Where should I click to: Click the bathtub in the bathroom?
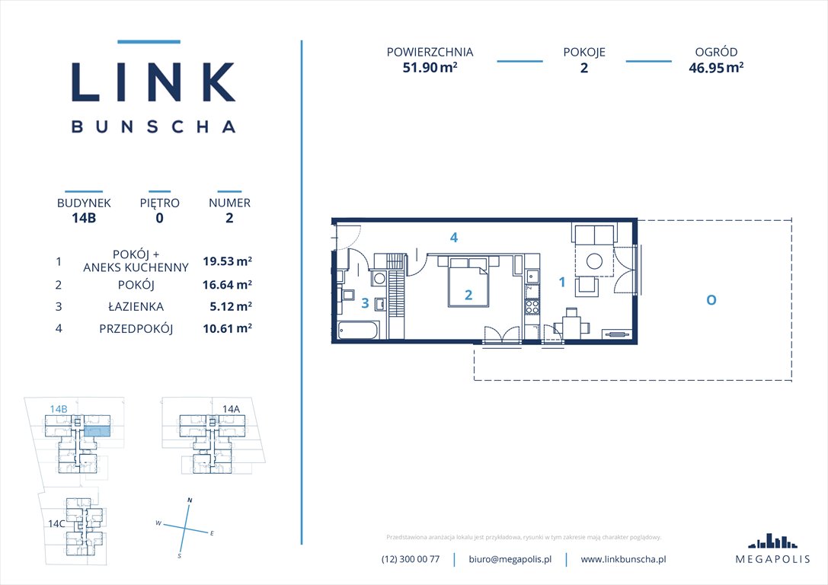tap(357, 331)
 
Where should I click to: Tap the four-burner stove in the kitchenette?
tap(532, 308)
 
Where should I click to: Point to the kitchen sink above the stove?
tap(532, 277)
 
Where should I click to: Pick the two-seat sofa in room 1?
tap(592, 234)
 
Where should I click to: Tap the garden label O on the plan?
tap(710, 300)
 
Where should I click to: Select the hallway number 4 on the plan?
tap(453, 238)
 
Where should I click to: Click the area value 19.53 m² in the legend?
tap(227, 261)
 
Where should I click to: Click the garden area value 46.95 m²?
tap(715, 67)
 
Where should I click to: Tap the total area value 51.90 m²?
tap(430, 67)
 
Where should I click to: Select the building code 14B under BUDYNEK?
tap(84, 217)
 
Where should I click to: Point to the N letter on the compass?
tap(190, 500)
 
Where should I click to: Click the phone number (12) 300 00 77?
tap(411, 559)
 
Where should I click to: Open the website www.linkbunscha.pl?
tap(623, 559)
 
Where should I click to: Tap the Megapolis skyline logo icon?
tap(772, 541)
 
